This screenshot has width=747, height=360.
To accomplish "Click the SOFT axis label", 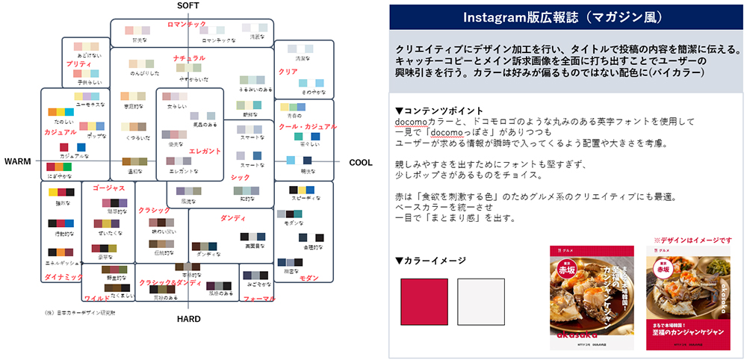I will (188, 6).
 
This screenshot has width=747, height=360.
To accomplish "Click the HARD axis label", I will (188, 319).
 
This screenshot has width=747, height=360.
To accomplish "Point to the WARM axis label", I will (17, 161).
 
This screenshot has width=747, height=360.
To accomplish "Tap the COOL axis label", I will (361, 161).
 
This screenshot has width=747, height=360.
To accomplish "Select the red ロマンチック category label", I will (187, 25).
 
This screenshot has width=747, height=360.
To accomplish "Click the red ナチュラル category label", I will (189, 58).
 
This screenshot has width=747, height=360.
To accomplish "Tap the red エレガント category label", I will (205, 151).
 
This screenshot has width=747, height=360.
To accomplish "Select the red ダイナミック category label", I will (63, 277).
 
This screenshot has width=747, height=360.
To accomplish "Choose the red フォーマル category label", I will (259, 298).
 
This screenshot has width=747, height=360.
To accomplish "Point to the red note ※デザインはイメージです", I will (692, 240).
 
